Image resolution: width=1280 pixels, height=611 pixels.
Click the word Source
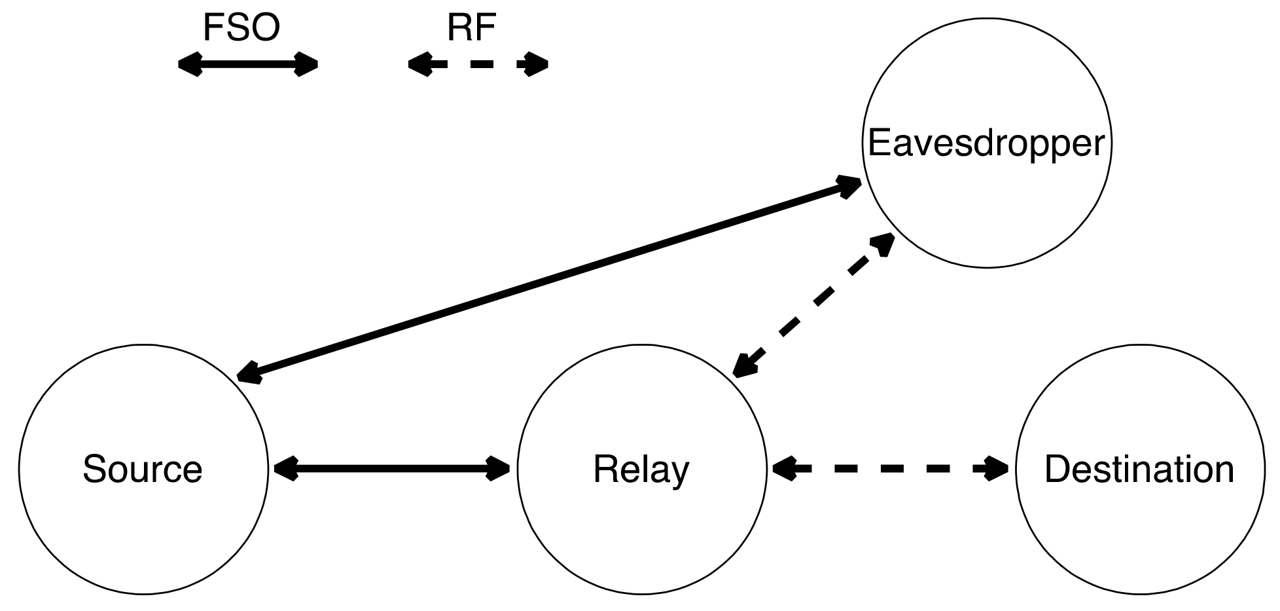[x=143, y=470]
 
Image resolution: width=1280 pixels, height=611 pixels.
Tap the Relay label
[x=641, y=470]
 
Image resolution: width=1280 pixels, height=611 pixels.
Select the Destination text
[x=1139, y=470]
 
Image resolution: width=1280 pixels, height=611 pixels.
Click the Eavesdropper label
[x=986, y=143]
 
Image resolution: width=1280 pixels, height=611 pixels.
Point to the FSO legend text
[x=241, y=28]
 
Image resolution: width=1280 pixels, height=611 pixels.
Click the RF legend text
[x=471, y=28]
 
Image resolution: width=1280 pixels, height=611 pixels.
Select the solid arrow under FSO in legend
[x=248, y=64]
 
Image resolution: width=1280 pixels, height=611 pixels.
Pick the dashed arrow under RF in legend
[x=478, y=64]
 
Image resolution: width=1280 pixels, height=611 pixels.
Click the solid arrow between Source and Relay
[x=392, y=468]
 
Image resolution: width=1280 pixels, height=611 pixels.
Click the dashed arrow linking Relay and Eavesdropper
[x=813, y=306]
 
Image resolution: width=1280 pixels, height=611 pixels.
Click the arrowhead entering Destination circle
[x=995, y=468]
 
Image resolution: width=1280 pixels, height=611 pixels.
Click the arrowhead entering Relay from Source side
[x=498, y=468]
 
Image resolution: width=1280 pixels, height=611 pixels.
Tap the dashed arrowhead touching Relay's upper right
[x=744, y=365]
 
